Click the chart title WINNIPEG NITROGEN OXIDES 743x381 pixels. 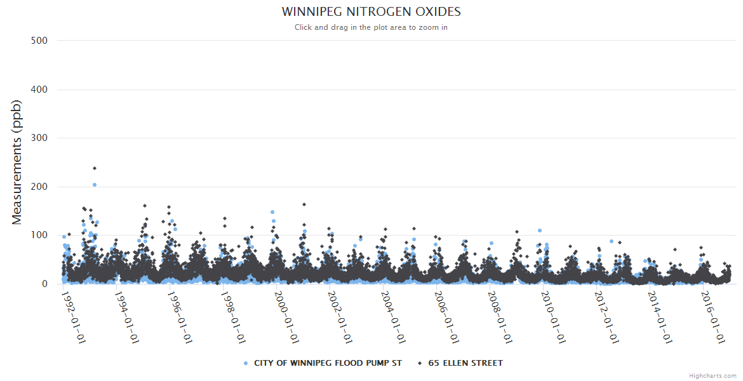371,12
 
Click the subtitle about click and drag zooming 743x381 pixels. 371,27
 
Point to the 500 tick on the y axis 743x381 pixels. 39,41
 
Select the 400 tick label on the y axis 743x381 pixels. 39,90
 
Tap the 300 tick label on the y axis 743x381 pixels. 39,138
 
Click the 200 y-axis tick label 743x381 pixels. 39,187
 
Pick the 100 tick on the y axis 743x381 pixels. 39,236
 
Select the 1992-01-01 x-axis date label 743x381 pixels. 73,317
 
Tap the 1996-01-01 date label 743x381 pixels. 180,317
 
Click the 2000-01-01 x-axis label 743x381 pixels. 286,317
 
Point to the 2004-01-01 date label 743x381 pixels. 393,317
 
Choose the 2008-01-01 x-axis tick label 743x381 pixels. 500,317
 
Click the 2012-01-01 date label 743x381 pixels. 606,317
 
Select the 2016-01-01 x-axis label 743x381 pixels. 713,317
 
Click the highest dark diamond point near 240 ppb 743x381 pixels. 95,168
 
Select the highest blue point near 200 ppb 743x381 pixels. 95,185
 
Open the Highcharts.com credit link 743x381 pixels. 713,375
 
